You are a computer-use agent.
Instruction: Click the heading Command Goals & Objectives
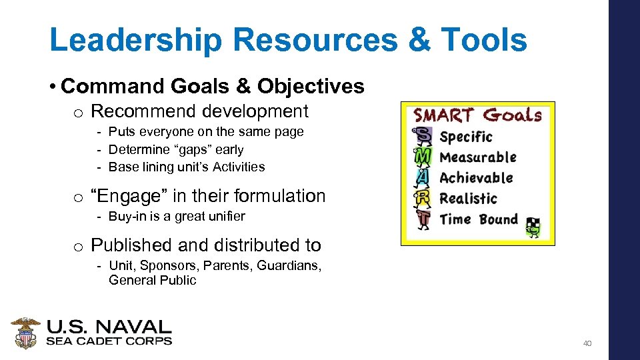[x=212, y=87]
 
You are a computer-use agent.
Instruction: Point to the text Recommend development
[x=199, y=111]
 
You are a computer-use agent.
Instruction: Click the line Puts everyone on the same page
[x=205, y=132]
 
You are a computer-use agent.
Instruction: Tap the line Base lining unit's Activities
[x=186, y=167]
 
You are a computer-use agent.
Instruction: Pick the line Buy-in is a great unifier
[x=176, y=216]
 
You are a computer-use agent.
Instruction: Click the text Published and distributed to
[x=205, y=245]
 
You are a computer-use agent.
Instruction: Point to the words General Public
[x=152, y=281]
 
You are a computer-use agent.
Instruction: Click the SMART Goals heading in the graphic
[x=477, y=115]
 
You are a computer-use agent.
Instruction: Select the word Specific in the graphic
[x=466, y=137]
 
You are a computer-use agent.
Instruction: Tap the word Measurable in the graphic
[x=478, y=157]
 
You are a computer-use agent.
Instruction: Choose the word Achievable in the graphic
[x=476, y=178]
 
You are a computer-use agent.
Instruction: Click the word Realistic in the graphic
[x=468, y=199]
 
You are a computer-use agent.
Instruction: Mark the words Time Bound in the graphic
[x=479, y=219]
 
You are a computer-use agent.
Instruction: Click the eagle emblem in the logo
[x=25, y=333]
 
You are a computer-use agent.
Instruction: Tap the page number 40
[x=587, y=343]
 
